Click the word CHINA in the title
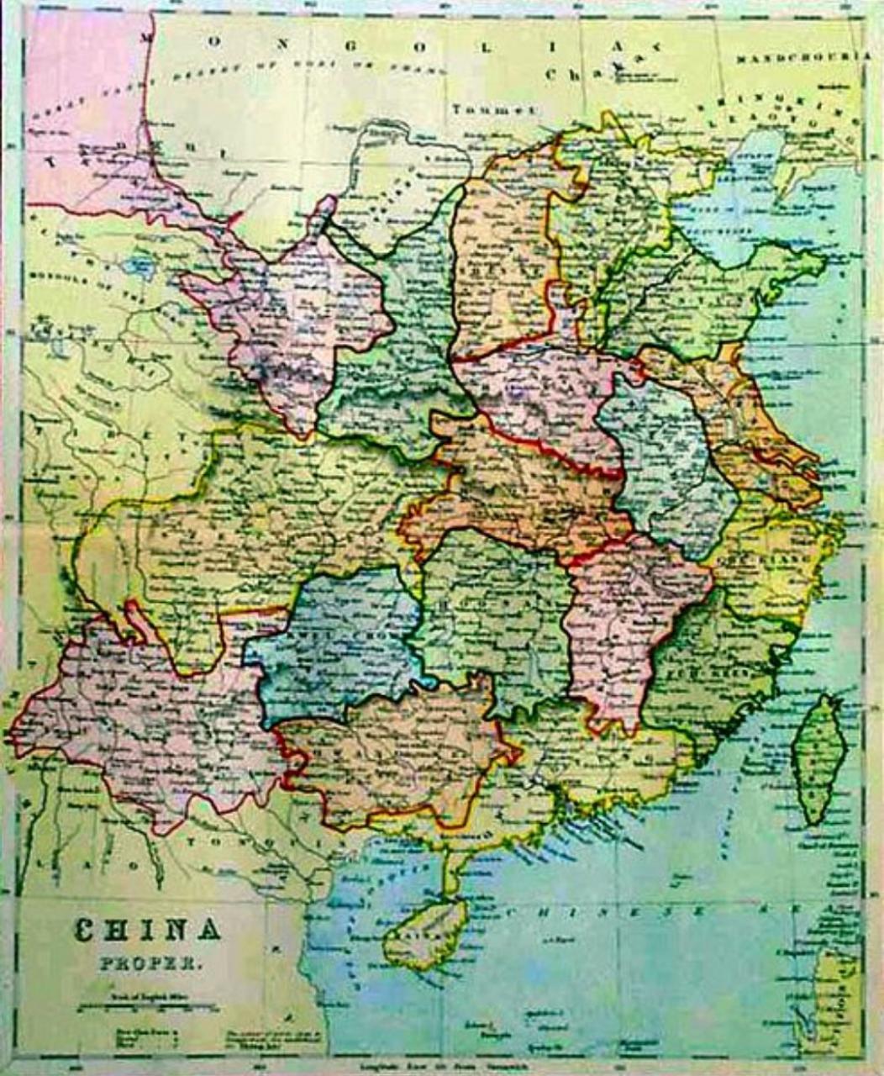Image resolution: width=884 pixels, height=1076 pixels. coord(148,930)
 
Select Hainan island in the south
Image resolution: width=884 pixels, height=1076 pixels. coord(424,934)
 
